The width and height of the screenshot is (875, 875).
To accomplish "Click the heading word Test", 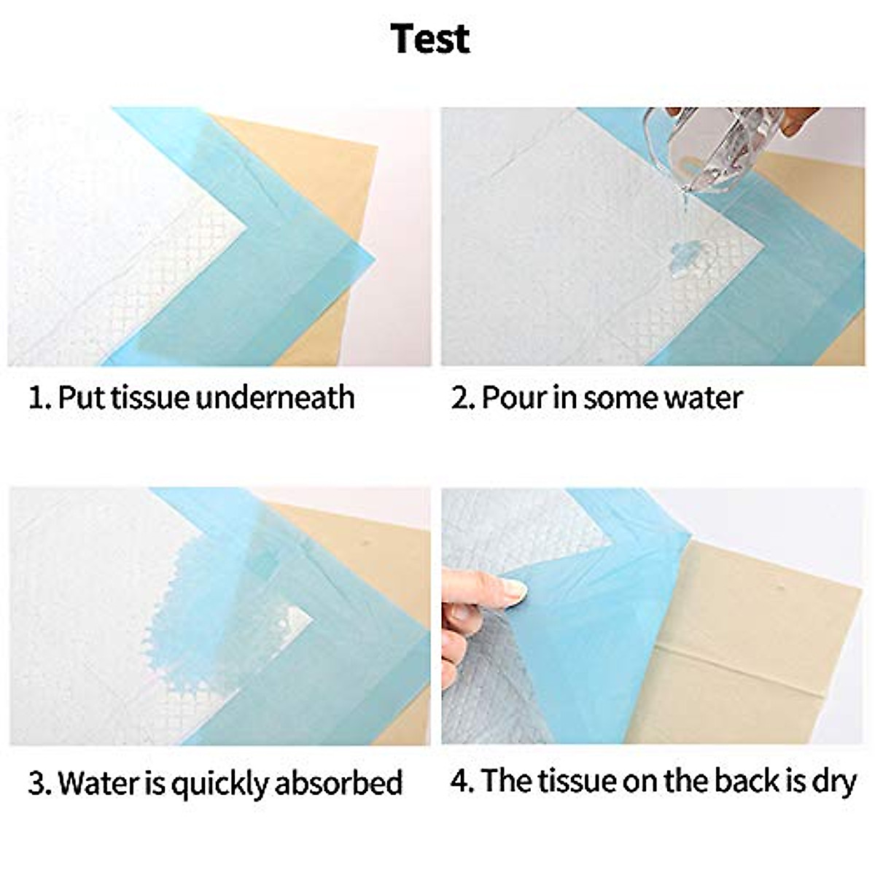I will click(x=430, y=38).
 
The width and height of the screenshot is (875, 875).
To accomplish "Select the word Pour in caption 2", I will click(x=509, y=398).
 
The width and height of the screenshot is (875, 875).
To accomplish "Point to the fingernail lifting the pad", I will click(x=515, y=589).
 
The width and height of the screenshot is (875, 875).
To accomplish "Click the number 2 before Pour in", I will click(x=460, y=398).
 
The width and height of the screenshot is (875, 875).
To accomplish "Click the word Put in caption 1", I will click(x=81, y=398).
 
